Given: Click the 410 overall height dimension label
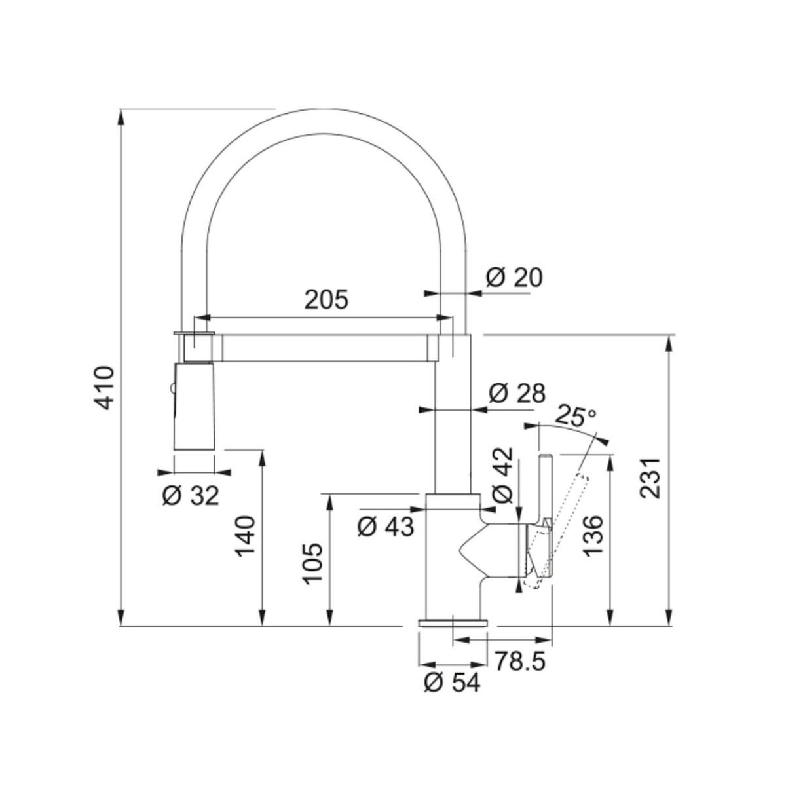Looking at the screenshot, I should tap(105, 388).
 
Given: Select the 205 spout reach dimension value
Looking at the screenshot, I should tap(327, 299).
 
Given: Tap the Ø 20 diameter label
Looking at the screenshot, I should tap(515, 278).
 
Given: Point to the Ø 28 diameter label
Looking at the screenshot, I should tap(517, 394).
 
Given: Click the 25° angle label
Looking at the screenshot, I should tap(576, 416).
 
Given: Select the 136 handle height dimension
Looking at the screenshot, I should tap(593, 535).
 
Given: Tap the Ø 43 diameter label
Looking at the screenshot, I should tap(386, 526).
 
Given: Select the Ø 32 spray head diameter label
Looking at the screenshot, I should tap(190, 496).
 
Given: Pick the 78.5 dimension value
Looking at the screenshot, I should tap(520, 661).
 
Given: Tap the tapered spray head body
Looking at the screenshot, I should tap(194, 406).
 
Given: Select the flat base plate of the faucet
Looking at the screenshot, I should tap(453, 622).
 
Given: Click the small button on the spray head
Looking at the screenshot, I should tap(172, 390).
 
